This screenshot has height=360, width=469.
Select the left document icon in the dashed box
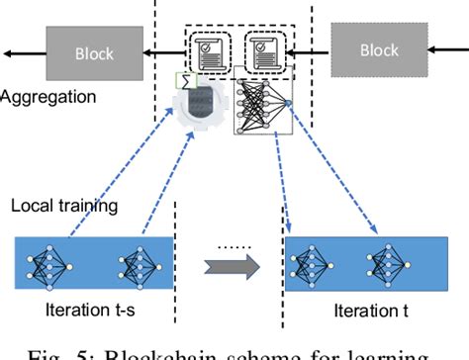point(210,48)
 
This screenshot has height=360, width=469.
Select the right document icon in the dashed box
point(263,48)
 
